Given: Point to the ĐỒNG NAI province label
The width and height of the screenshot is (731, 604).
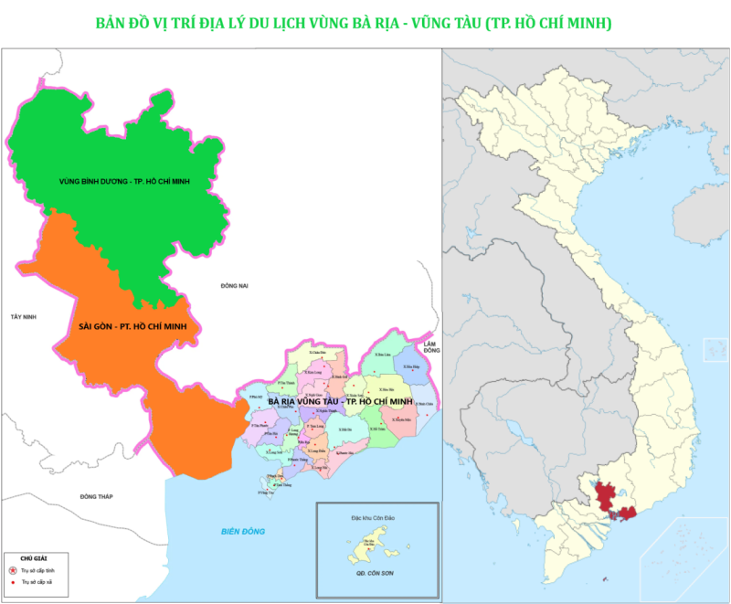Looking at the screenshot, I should (234, 286).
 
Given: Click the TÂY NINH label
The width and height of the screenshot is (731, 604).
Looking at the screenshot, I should (22, 316).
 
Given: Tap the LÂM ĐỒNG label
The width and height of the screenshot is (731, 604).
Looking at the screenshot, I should (431, 346).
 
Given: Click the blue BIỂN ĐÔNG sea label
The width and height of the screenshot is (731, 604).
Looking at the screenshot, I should (242, 532).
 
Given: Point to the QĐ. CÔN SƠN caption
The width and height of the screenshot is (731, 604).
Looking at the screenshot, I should (377, 578).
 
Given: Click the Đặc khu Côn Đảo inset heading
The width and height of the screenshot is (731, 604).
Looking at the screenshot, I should (376, 517).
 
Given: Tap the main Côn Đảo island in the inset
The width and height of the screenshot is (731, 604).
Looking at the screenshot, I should (376, 547).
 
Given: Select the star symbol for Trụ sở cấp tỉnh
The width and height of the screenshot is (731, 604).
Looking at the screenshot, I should (13, 570).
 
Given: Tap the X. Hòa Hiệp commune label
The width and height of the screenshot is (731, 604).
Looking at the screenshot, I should (410, 367).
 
